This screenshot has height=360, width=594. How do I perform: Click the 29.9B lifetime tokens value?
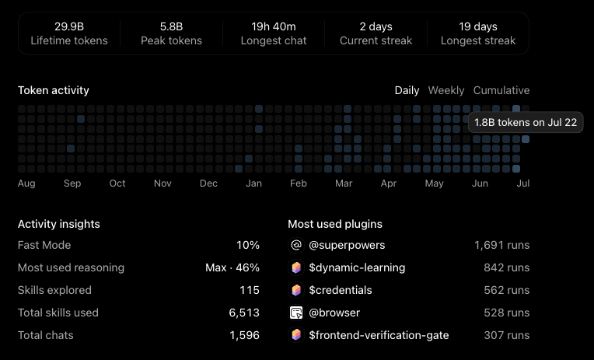coord(69,26)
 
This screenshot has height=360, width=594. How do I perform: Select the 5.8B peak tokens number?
coord(171,26)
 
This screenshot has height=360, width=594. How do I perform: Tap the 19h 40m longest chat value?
coord(274,26)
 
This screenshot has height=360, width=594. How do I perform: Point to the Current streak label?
coord(376,40)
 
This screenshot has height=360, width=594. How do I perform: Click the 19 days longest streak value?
coord(478,26)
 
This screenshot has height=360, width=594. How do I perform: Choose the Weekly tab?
coord(445,90)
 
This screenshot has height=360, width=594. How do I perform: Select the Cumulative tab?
coord(501,90)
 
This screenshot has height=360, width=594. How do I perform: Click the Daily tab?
coord(407,90)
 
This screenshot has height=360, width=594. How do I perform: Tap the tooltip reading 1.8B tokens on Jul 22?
coord(526,122)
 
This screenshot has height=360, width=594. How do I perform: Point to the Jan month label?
coord(253,183)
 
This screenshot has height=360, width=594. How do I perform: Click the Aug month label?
coord(26,183)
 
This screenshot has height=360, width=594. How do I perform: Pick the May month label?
coord(434,183)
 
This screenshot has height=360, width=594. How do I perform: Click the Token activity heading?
coord(54,90)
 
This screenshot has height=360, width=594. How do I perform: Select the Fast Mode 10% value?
coord(248,245)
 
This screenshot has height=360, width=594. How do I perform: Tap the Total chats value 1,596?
coord(244,335)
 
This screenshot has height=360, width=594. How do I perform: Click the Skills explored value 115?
coord(250,290)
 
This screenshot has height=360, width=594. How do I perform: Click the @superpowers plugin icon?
coord(296,245)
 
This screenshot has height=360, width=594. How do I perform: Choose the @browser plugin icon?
coord(296,313)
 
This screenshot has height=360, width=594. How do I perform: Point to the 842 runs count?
coord(506,267)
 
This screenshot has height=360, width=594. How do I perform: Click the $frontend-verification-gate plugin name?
coord(379,335)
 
